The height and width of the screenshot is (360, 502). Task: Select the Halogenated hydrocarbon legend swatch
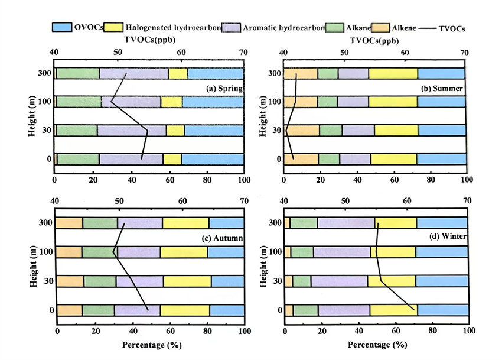[113, 27]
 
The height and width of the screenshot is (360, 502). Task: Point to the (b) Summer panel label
[442, 89]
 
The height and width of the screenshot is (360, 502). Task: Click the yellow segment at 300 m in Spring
[178, 73]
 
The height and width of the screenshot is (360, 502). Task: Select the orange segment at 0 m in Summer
[301, 158]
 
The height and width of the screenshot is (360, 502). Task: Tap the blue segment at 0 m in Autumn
[226, 310]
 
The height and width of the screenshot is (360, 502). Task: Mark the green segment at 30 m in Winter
[301, 281]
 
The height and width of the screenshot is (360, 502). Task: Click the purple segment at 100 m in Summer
[353, 101]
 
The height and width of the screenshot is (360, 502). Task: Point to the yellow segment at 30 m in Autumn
[187, 281]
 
